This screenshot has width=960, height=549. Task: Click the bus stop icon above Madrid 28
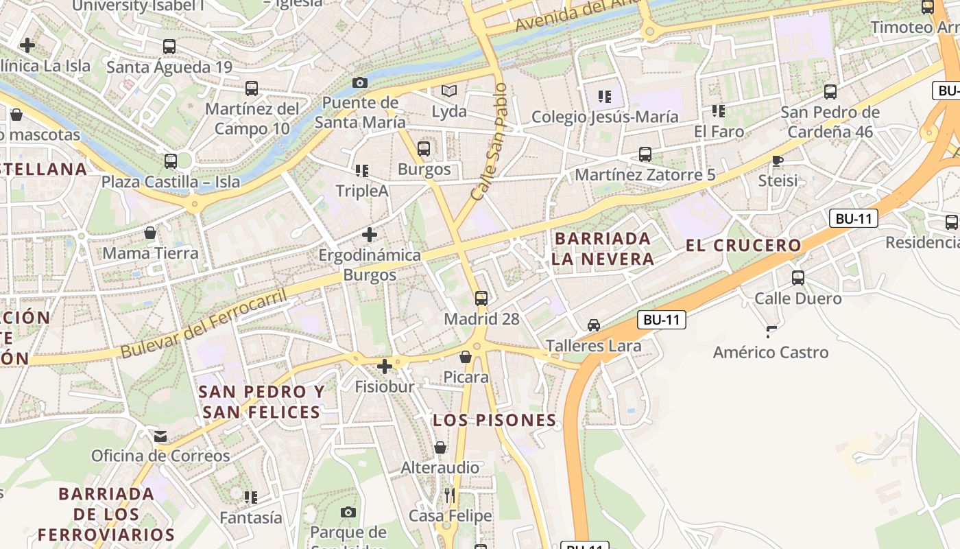coord(481,298)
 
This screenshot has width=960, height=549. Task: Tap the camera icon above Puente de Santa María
coord(359,82)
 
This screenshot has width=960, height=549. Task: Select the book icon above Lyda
coord(449,91)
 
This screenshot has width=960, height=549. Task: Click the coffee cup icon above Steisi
coord(778,161)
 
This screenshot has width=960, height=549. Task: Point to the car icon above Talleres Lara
coord(594,325)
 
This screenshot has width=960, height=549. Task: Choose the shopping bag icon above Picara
coord(466,357)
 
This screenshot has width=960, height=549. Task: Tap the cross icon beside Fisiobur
coord(385,366)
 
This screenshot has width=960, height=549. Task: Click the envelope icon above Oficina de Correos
coord(160,436)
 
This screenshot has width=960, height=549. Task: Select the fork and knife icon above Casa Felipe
coord(450,495)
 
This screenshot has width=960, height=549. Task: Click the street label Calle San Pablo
coord(490,141)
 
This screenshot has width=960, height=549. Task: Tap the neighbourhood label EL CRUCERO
coord(743,245)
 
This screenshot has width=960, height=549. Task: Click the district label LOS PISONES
coord(494,420)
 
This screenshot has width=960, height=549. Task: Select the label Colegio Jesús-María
coord(605,117)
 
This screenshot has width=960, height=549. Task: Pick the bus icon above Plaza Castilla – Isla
coord(170,161)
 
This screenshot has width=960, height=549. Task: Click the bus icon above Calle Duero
coord(798,278)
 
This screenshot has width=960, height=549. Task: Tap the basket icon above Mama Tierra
coord(150,233)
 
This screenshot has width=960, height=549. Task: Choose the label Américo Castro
coord(771,353)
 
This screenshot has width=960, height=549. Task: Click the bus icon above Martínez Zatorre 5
coord(645,154)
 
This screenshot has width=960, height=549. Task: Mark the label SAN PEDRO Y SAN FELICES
coord(261,401)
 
